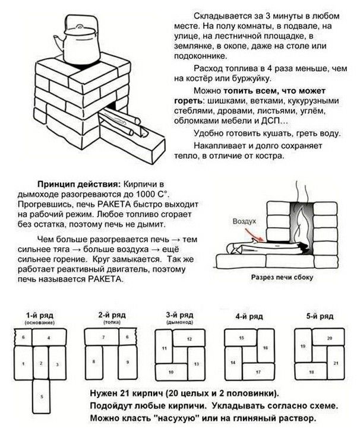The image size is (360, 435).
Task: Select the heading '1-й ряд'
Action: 40,315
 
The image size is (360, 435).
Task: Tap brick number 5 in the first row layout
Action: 41,396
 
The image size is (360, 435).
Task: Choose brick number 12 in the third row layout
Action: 189,338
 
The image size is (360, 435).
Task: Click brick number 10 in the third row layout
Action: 171,372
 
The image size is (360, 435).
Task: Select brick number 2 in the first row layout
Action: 41,362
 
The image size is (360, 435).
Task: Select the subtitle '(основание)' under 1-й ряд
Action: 40,322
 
